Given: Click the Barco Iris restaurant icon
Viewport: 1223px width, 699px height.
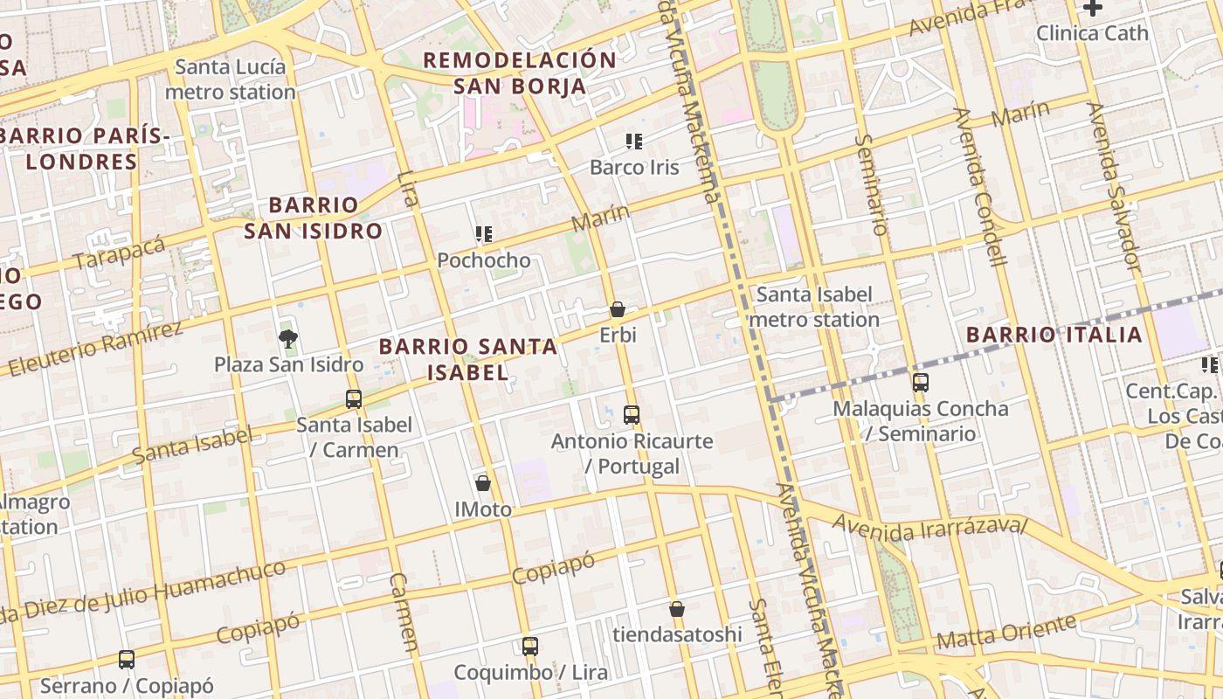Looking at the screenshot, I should click(634, 141).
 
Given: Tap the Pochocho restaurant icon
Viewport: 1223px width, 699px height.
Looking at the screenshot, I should click(484, 234).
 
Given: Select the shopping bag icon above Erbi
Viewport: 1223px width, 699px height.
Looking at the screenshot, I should click(618, 309).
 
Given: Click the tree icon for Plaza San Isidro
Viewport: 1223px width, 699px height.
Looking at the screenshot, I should click(287, 338).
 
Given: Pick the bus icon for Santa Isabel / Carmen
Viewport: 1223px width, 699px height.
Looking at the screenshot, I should click(354, 399).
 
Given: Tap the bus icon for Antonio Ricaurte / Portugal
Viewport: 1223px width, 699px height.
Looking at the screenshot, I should click(632, 415).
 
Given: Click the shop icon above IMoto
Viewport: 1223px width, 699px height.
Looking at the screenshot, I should click(483, 483).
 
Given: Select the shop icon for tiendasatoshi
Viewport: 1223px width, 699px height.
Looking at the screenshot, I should click(677, 609).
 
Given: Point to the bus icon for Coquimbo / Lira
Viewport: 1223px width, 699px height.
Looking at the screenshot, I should click(530, 647).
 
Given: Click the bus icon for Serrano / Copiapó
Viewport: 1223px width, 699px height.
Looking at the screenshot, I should click(127, 660).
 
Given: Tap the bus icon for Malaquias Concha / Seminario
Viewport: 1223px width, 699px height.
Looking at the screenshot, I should click(921, 383).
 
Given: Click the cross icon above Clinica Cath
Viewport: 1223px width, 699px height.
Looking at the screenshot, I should click(1092, 8).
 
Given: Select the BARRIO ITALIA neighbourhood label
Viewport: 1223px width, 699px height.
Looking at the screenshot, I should click(1054, 335).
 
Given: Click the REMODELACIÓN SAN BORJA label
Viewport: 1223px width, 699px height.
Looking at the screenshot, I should click(520, 73).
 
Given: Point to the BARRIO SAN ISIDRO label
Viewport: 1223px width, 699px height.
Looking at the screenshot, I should click(313, 218).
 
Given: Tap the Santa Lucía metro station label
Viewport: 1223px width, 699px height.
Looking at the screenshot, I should click(231, 80).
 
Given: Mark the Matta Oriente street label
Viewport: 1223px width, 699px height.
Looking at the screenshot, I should click(1005, 632).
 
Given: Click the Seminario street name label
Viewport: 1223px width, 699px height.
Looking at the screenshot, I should click(871, 183).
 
